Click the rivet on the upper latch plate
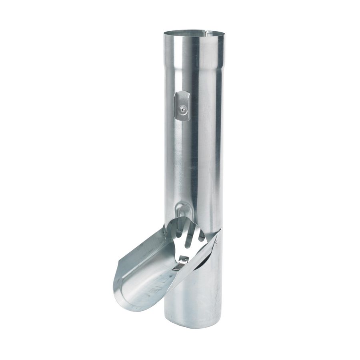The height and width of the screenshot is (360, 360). [x=182, y=108]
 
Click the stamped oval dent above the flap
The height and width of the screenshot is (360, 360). [x=182, y=210]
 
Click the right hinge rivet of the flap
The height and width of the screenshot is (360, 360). [x=216, y=242]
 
